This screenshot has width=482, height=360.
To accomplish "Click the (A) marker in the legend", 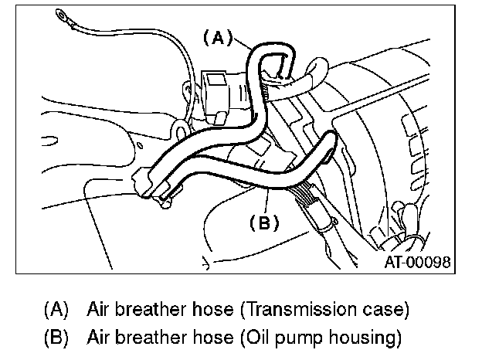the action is point(58,311).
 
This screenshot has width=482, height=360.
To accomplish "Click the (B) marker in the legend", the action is point(58,338).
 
